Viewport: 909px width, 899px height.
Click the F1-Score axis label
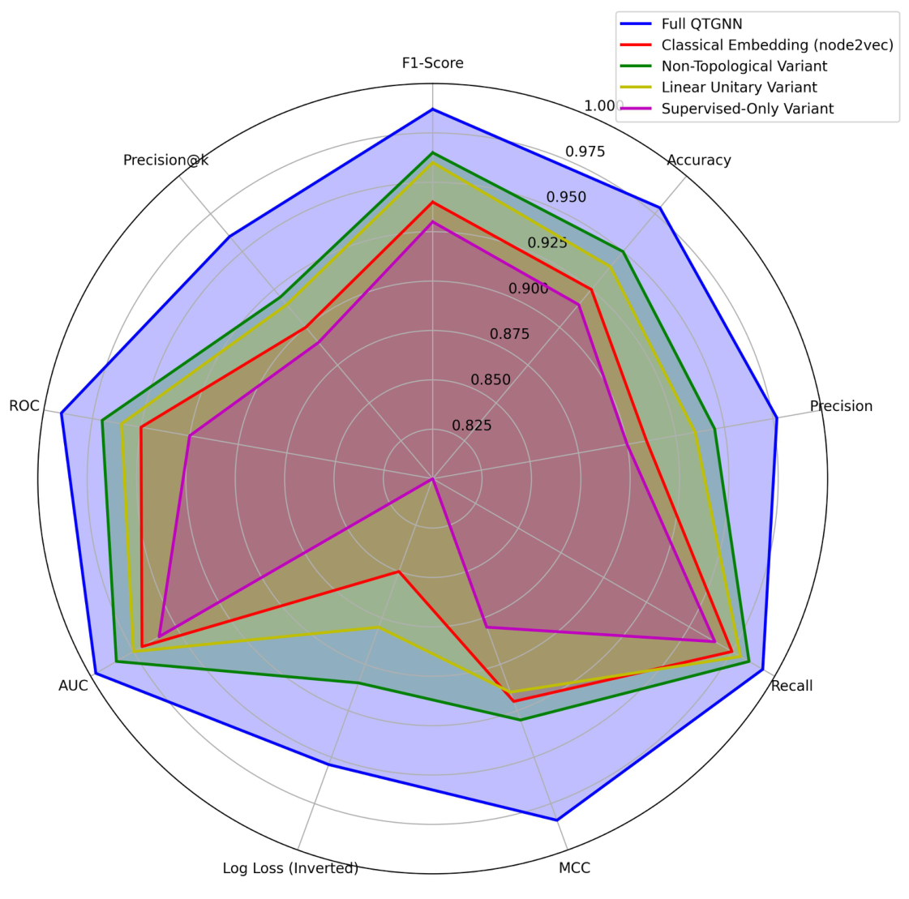click(x=432, y=63)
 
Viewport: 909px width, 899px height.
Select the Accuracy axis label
click(x=698, y=161)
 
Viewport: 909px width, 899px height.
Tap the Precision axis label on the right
click(x=841, y=406)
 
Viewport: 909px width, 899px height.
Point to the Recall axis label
click(x=791, y=686)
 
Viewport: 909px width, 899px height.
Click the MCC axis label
click(x=574, y=868)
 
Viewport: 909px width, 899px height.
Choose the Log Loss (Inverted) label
click(x=290, y=868)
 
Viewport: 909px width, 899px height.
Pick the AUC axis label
click(x=73, y=686)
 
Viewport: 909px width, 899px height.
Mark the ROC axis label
click(x=24, y=406)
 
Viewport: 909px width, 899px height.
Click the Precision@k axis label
click(x=165, y=161)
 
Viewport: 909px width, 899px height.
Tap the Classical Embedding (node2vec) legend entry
click(x=777, y=45)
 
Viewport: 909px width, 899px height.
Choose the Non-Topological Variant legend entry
click(x=744, y=66)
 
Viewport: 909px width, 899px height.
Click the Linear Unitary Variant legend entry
click(x=739, y=88)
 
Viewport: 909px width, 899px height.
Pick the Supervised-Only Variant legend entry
click(x=747, y=109)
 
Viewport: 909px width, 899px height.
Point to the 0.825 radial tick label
click(x=472, y=426)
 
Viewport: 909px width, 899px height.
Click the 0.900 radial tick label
click(x=529, y=289)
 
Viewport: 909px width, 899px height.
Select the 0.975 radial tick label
click(x=585, y=152)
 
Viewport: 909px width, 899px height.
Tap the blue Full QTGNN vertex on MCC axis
click(x=557, y=820)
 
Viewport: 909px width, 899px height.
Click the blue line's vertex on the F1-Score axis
click(x=433, y=109)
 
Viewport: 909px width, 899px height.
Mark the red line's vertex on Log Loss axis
click(x=399, y=572)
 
